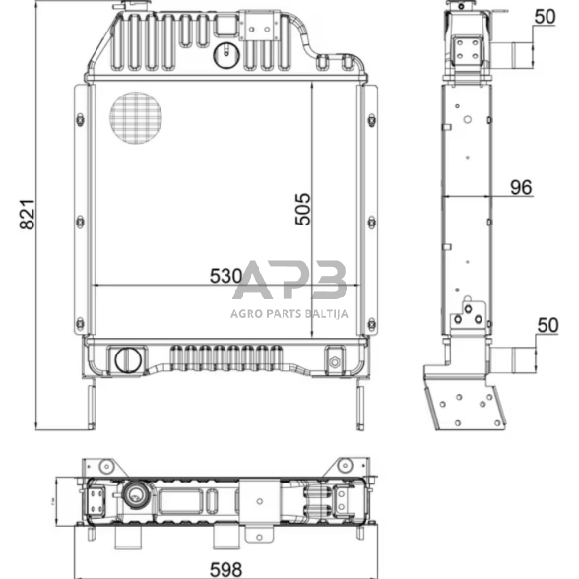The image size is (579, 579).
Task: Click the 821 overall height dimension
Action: pyautogui.click(x=28, y=215)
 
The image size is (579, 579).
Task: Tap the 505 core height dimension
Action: pyautogui.click(x=303, y=209)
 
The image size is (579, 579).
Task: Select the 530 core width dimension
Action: pyautogui.click(x=226, y=276)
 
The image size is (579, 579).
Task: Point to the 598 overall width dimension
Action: pyautogui.click(x=226, y=570)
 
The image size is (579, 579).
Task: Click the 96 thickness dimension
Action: pyautogui.click(x=521, y=187)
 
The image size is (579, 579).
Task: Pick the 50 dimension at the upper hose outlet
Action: pyautogui.click(x=546, y=17)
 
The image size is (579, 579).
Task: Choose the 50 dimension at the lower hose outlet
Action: pyautogui.click(x=547, y=325)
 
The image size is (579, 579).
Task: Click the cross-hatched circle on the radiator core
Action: pyautogui.click(x=136, y=118)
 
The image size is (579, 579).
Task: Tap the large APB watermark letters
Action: pyautogui.click(x=289, y=280)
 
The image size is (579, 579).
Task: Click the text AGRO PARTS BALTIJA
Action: pyautogui.click(x=289, y=314)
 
